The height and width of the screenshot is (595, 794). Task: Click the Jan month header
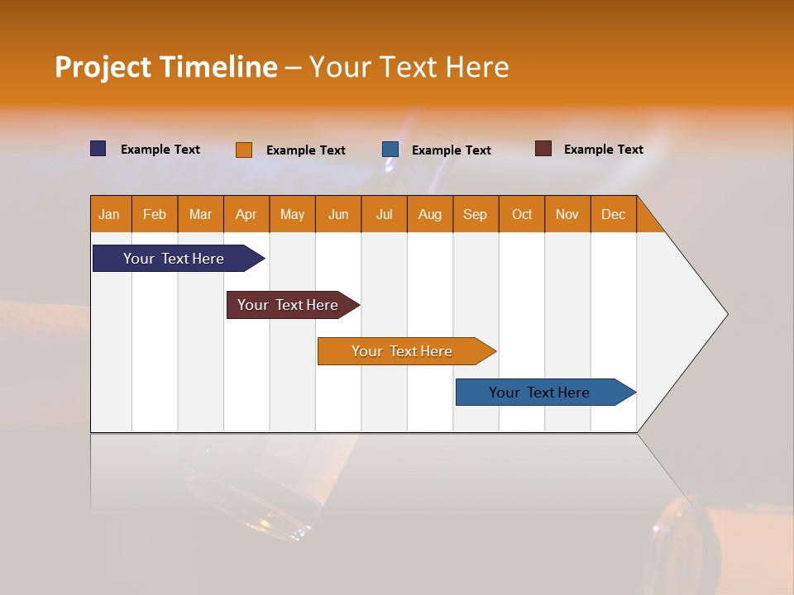[x=110, y=214]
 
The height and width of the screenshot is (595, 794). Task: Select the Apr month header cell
[x=246, y=214]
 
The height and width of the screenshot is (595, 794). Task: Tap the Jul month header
[x=384, y=214]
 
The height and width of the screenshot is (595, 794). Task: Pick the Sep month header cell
[x=476, y=214]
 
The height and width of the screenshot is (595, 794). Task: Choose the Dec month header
[x=613, y=214]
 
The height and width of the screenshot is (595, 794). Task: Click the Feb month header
[x=155, y=214]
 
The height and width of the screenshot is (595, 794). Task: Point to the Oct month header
[x=522, y=214]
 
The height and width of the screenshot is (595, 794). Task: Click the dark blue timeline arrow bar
[x=175, y=259]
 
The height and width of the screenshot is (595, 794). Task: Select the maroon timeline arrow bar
[x=289, y=305]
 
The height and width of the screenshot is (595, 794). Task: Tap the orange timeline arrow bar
[x=403, y=351]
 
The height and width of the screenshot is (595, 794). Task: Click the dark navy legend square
[x=98, y=149]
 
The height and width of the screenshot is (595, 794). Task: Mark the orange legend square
[x=244, y=150]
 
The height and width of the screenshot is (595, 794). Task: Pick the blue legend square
[x=390, y=150]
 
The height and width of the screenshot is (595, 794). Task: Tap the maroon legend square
[x=543, y=149]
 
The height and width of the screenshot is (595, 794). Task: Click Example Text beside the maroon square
[x=603, y=150]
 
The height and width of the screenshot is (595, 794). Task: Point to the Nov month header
[x=567, y=214]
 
